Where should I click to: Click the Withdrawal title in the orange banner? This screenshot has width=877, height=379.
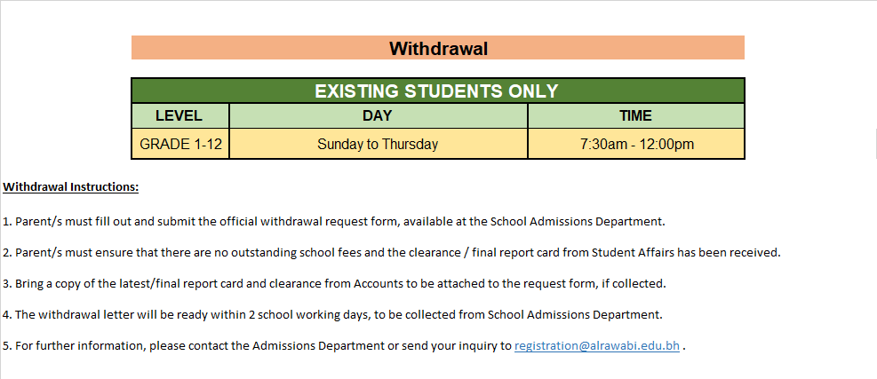coord(438,48)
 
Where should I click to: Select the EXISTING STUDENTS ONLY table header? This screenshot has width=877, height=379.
coord(436,91)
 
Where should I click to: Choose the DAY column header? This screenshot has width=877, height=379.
coord(377,115)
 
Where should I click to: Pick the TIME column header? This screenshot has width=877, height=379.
coord(635,115)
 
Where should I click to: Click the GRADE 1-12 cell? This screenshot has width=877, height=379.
coord(180,144)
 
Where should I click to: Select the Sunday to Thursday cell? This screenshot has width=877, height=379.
coord(378,144)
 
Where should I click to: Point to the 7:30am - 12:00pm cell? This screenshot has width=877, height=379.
coord(636,144)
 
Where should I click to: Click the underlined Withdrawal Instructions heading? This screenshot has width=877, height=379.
coord(71,187)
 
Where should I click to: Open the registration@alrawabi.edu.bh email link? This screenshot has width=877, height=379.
coord(597,346)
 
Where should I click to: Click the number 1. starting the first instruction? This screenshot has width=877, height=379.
coord(7,221)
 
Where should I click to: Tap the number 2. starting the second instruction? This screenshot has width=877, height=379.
coord(7,252)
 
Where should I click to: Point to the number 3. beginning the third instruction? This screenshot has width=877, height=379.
coord(7,283)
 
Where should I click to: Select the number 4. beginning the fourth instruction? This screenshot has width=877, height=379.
coord(7,314)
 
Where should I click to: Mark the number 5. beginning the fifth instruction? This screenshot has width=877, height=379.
coord(7,346)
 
